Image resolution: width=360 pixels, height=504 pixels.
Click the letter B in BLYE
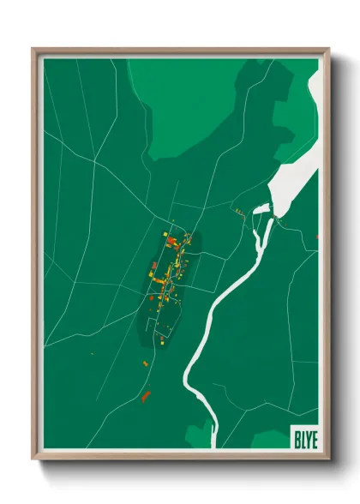[x=296, y=435]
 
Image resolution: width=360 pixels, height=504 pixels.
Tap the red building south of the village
[x=146, y=396]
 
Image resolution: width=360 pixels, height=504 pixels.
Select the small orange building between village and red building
[x=145, y=364]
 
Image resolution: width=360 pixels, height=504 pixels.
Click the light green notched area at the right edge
[x=291, y=129]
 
